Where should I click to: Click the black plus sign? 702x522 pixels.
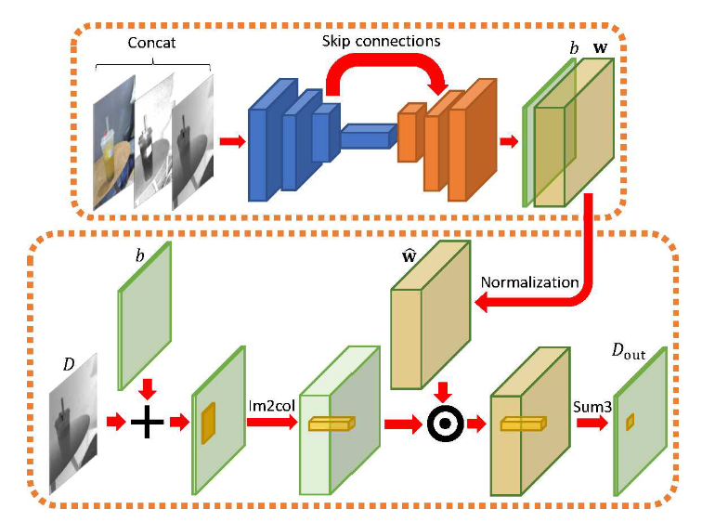coord(146,425)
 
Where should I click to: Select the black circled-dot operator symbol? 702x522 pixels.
coord(444,425)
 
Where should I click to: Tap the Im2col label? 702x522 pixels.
coord(269,406)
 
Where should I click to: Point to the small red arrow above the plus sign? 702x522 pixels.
coord(146,385)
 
